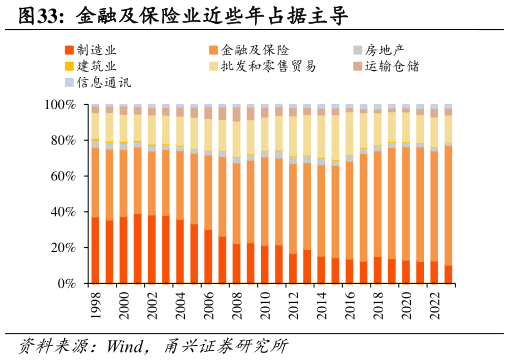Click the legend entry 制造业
pos(97,50)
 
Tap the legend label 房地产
pos(384,50)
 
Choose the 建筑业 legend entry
pos(97,66)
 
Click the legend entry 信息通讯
pos(103,82)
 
